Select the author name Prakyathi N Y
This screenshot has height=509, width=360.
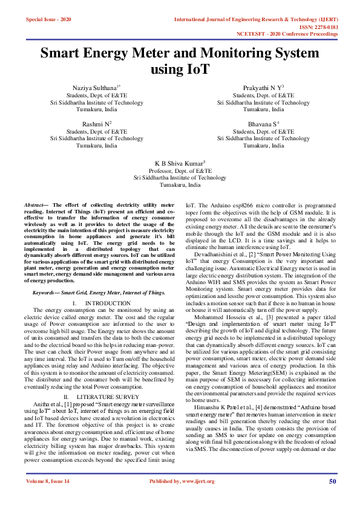[261, 88]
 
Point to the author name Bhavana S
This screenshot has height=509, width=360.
[261, 123]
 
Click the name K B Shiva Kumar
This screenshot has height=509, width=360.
[179, 163]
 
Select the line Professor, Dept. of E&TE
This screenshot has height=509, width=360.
[180, 171]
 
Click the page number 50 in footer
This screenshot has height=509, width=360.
[332, 498]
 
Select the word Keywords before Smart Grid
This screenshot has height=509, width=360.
[46, 293]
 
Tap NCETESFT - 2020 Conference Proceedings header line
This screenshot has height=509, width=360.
[287, 34]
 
